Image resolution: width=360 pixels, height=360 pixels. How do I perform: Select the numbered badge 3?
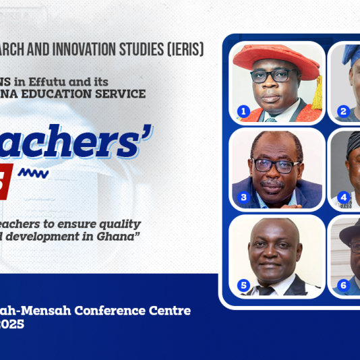(x=244, y=198)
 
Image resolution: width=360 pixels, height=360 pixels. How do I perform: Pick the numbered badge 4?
(x=343, y=198)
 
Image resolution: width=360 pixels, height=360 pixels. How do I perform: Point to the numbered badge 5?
(x=244, y=285)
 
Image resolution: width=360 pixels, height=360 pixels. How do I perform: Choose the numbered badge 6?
(x=343, y=285)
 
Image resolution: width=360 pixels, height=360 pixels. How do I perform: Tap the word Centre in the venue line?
(x=169, y=311)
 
